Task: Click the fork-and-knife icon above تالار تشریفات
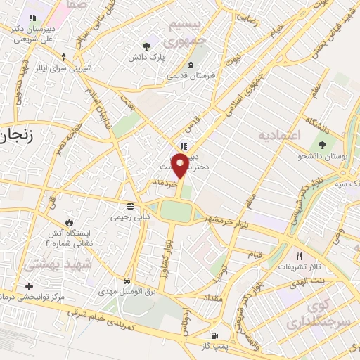[x=299, y=256]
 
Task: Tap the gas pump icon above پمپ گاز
[x=214, y=336]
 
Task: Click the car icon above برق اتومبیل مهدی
[x=127, y=279]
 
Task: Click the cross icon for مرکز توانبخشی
[x=29, y=286]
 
